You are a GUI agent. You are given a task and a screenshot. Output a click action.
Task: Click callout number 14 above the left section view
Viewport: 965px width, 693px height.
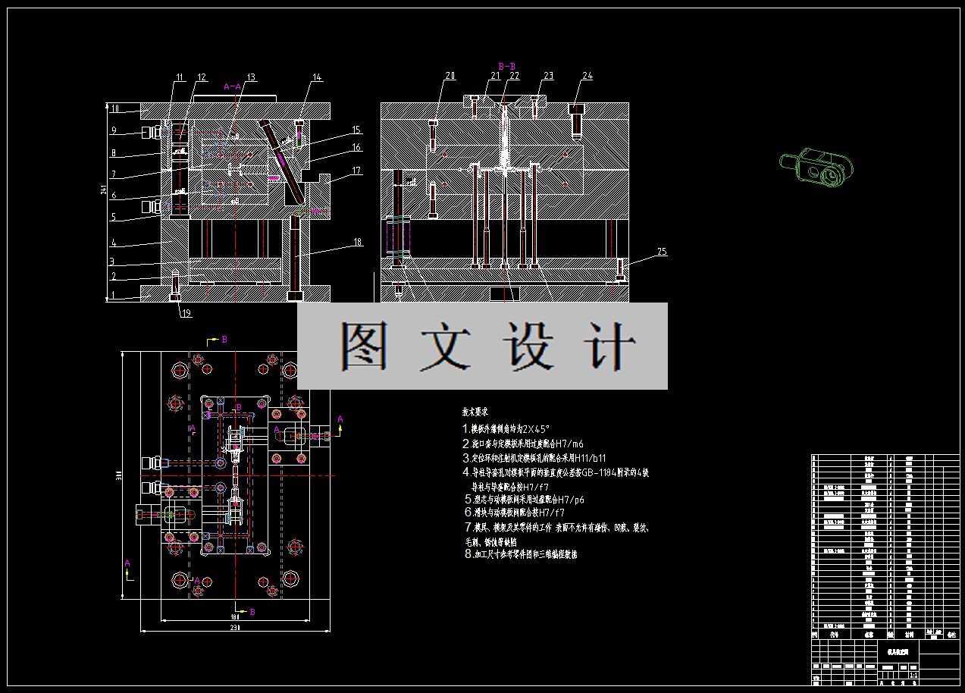317,77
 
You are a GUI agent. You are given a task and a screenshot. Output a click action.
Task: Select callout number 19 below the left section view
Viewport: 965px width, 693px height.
186,313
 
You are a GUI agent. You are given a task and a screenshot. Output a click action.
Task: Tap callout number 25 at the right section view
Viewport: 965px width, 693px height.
662,252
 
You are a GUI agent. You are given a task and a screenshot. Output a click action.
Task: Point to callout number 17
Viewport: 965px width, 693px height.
356,171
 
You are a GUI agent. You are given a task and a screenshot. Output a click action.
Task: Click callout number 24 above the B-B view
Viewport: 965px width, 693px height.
587,76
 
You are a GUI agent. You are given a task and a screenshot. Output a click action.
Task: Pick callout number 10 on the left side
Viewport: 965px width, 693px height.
115,109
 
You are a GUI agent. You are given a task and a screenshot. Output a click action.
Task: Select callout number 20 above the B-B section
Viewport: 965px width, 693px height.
450,76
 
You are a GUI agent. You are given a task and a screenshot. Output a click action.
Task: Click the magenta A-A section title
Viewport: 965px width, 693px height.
233,86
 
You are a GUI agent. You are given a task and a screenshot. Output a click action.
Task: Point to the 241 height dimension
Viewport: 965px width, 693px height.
104,191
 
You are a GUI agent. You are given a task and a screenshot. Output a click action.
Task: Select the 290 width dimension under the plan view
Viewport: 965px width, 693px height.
235,629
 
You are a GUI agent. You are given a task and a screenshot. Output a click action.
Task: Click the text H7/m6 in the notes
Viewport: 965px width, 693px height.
569,444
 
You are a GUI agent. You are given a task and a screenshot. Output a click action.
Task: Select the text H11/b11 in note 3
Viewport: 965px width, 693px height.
592,458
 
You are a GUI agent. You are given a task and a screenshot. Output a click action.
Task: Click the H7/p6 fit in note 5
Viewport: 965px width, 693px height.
569,500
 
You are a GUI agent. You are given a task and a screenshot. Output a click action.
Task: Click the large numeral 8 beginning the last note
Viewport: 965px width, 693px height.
468,554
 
